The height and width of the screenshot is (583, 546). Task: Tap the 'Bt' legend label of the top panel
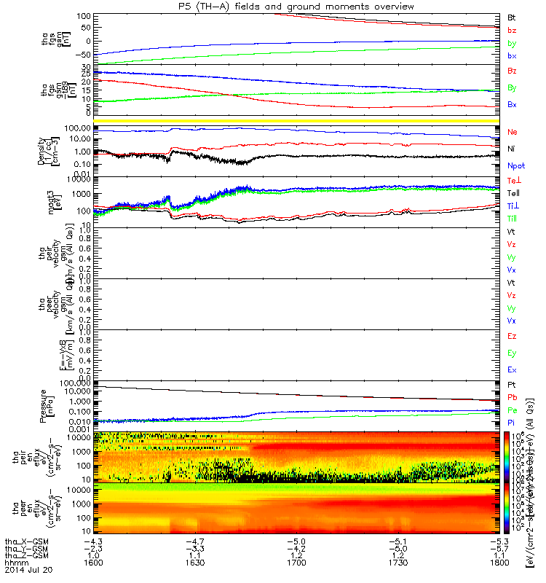511,16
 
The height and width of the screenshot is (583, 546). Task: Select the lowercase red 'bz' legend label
512,30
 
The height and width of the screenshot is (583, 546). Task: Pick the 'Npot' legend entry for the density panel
515,165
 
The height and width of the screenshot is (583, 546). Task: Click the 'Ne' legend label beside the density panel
512,132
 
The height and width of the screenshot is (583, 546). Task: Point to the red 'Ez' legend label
512,337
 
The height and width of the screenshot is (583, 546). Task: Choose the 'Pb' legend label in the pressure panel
512,397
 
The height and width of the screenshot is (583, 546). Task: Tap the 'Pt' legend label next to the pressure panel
512,384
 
